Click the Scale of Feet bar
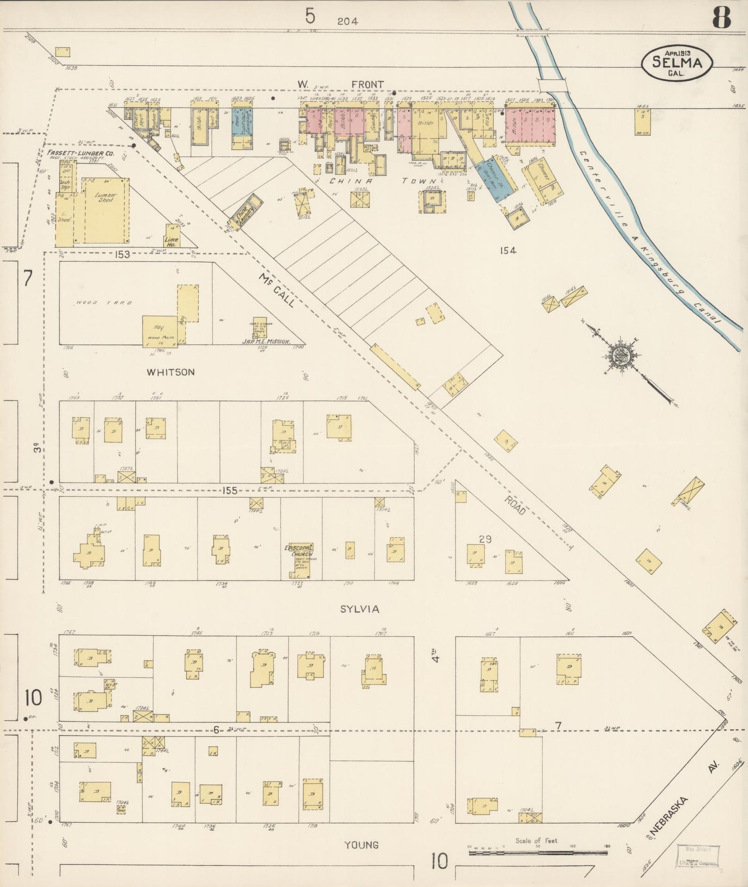(538, 852)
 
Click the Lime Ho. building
(171, 235)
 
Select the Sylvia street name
(359, 609)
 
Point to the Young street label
(361, 845)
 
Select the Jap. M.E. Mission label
(266, 341)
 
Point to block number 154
(508, 250)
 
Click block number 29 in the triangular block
(485, 539)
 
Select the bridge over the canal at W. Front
(552, 84)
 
